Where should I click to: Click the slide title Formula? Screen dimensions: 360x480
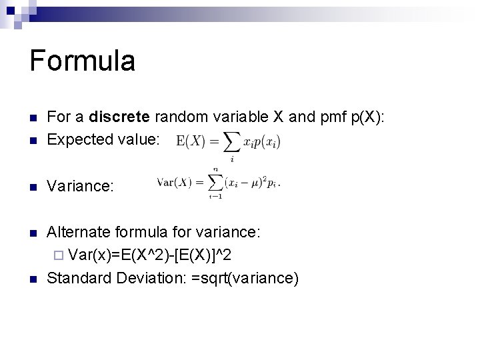[x=83, y=61]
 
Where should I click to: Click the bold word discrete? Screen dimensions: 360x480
[x=120, y=118]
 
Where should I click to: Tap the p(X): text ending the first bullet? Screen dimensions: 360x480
[x=369, y=118]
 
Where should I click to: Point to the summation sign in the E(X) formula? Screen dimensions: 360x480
[x=231, y=142]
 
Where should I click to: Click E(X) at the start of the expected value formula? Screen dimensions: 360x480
[x=192, y=141]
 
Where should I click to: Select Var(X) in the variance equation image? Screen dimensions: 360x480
[x=174, y=183]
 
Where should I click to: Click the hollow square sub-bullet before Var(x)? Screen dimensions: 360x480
[x=59, y=255]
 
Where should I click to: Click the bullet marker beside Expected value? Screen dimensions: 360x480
[x=33, y=140]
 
